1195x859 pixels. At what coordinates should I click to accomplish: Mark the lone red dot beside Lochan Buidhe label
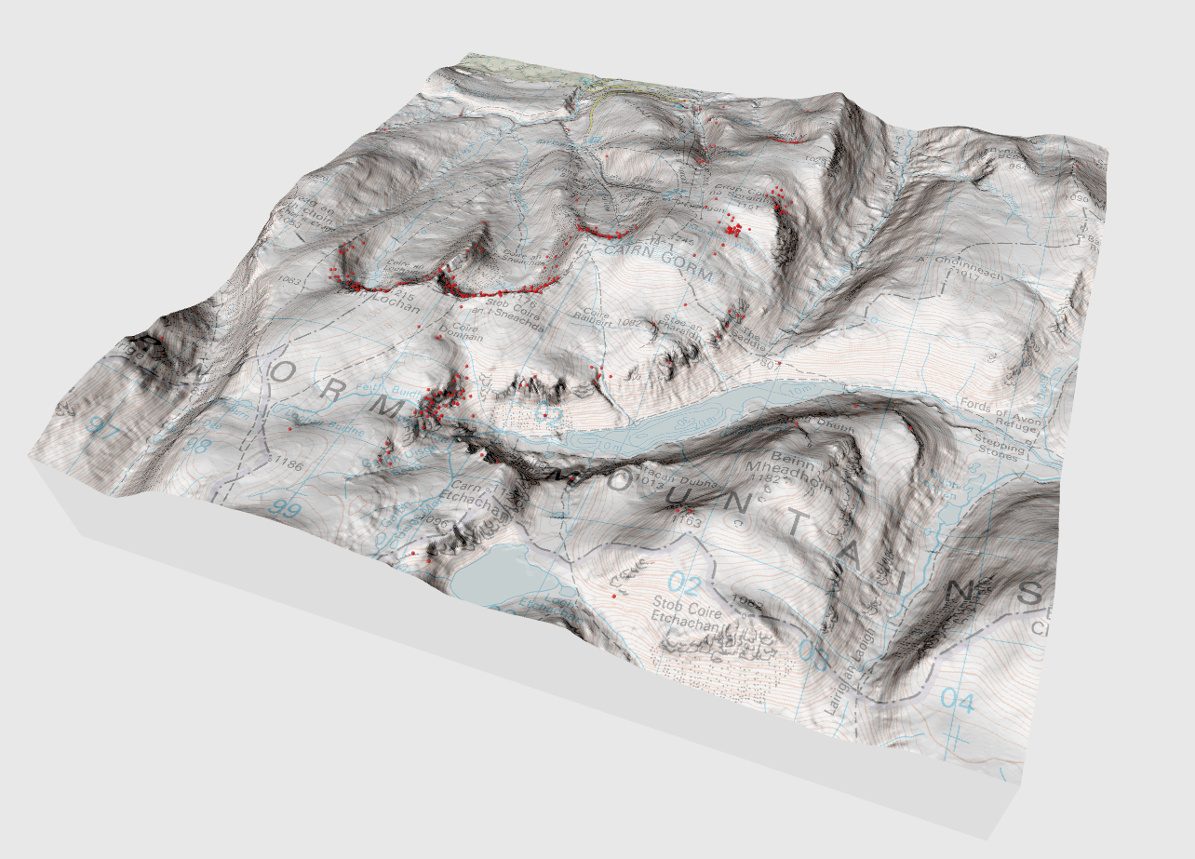(291, 430)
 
